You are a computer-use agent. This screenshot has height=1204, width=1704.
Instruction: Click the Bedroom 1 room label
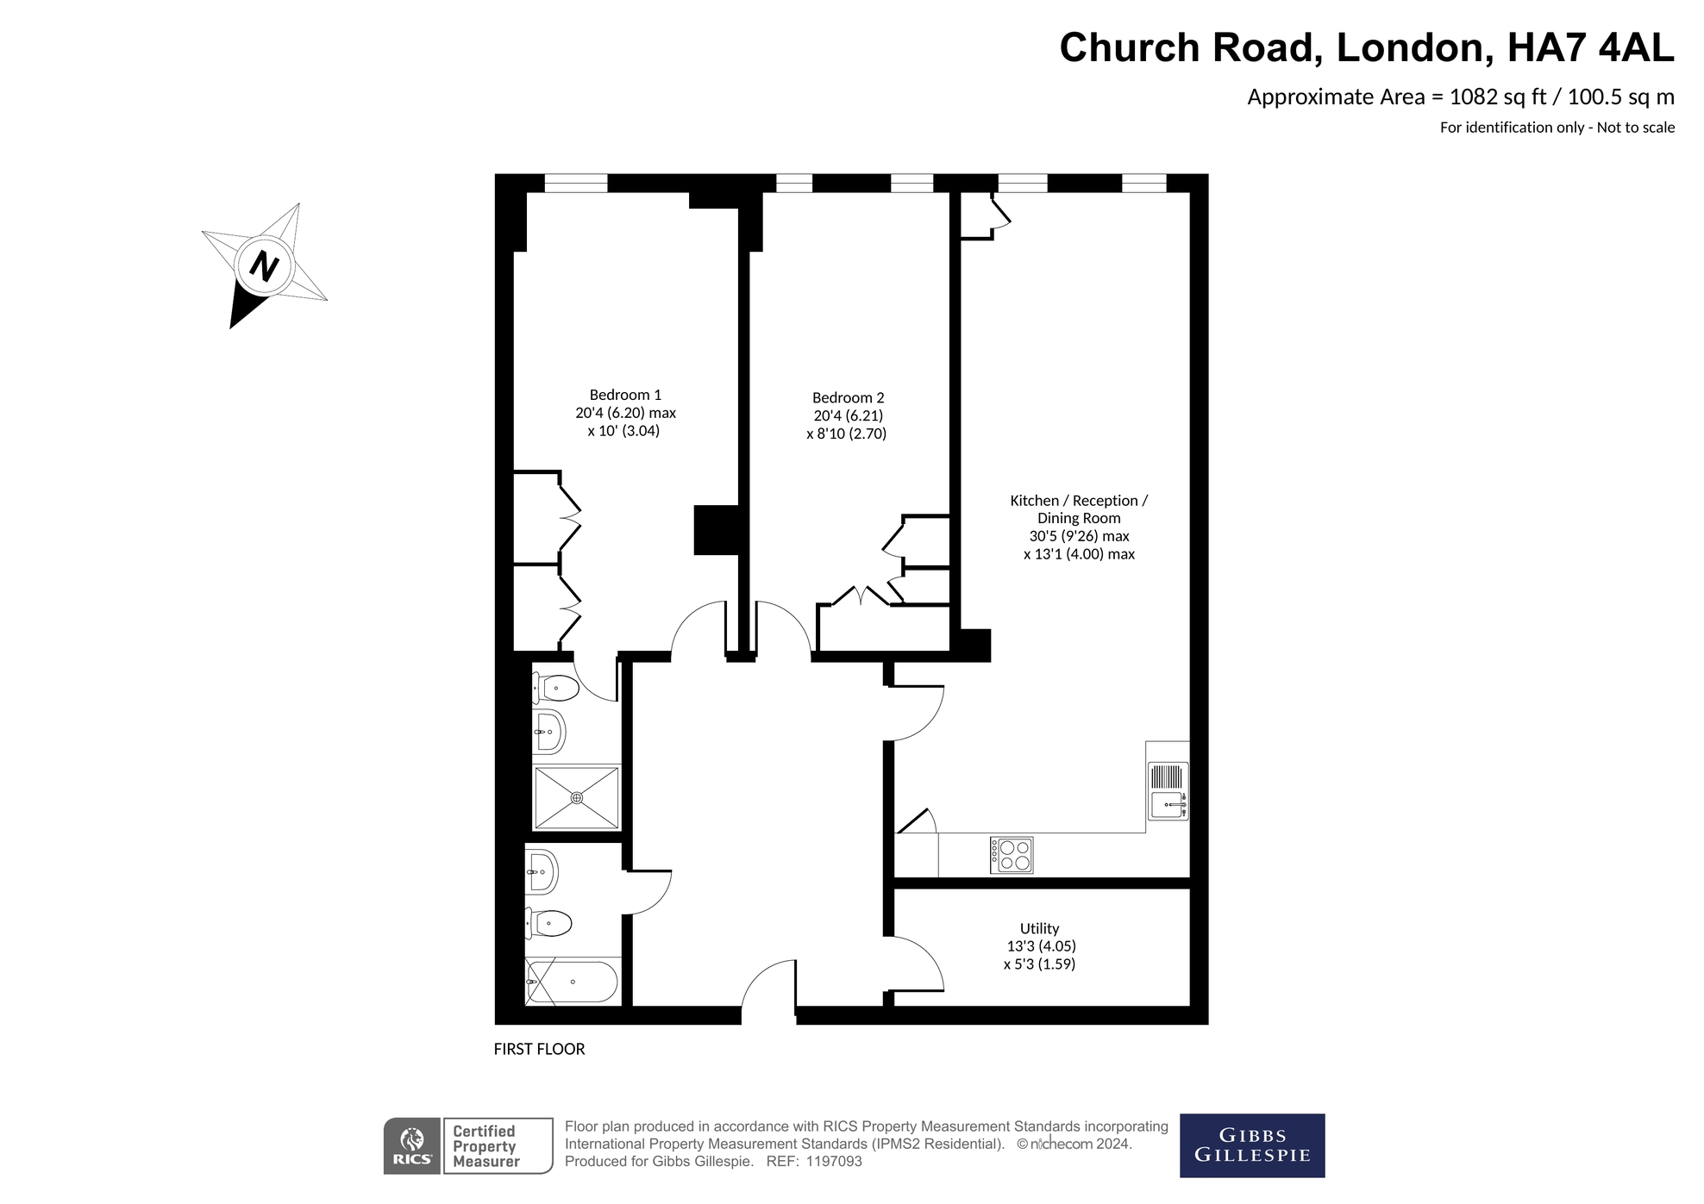625,395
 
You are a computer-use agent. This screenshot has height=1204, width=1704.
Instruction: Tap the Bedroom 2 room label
848,397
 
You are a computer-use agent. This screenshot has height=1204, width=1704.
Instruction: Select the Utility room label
1038,928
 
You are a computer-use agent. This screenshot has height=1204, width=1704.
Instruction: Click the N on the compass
264,265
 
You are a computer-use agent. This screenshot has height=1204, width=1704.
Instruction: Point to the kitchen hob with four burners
1012,855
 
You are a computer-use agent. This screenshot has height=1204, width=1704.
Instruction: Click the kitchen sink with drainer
1168,791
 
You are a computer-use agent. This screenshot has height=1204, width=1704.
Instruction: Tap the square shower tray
576,797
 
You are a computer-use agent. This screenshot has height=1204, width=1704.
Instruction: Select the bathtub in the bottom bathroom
572,981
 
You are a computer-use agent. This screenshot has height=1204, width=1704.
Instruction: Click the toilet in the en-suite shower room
555,688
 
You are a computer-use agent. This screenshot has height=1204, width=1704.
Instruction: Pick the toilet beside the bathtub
549,924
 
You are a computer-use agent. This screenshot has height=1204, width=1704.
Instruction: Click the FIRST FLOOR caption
539,1049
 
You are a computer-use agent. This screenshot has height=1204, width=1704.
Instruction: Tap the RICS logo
411,1145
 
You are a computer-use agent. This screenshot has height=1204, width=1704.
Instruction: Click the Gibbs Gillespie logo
1251,1145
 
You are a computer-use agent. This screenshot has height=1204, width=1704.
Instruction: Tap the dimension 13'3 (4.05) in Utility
1041,945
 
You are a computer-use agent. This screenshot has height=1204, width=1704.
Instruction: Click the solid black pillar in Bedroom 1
716,529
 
